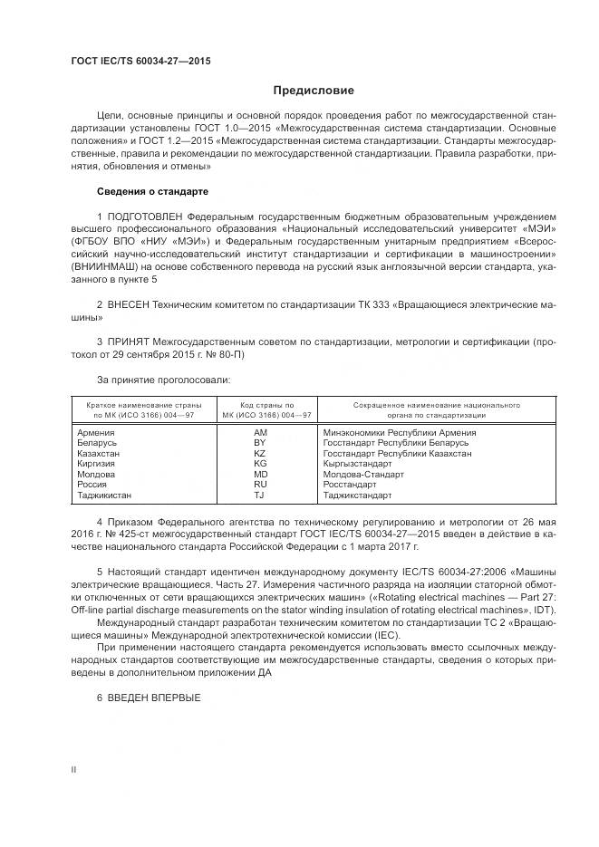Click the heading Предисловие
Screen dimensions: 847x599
coord(314,91)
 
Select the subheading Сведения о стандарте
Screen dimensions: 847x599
coord(152,191)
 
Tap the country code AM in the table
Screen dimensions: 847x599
coord(261,433)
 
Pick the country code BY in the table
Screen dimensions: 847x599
coord(261,443)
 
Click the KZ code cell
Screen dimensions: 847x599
coord(261,453)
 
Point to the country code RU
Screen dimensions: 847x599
coord(261,485)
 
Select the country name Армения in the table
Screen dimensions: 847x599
coord(96,433)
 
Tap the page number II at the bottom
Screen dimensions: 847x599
coord(74,769)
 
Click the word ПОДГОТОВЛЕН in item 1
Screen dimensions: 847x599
coord(145,217)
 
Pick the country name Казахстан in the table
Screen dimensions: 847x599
coord(100,453)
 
